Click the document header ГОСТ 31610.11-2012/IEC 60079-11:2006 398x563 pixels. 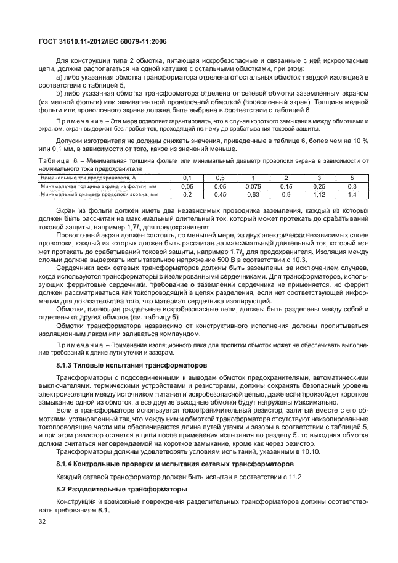pyautogui.click(x=100, y=41)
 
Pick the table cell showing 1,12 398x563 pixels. pyautogui.click(x=319, y=194)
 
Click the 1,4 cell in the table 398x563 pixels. pyautogui.click(x=352, y=194)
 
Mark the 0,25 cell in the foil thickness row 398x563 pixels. pyautogui.click(x=319, y=186)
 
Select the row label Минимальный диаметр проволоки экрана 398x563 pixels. pyautogui.click(x=99, y=194)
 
